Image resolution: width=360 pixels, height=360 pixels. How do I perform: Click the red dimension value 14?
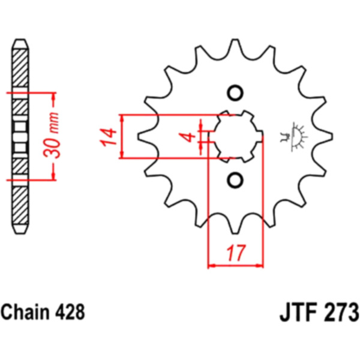click(x=107, y=137)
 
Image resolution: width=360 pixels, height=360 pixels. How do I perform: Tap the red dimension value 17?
click(x=236, y=253)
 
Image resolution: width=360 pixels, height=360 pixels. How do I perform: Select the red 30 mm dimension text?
click(x=52, y=135)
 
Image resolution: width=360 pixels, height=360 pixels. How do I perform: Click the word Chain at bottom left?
click(x=25, y=312)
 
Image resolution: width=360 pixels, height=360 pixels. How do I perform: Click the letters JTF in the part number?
click(x=298, y=313)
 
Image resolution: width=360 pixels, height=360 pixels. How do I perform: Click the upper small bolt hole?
click(x=235, y=93)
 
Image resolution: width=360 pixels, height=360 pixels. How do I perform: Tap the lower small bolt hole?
click(x=235, y=180)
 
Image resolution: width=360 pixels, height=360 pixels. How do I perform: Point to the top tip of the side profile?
click(x=20, y=40)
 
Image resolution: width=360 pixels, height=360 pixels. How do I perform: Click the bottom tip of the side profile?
click(x=20, y=233)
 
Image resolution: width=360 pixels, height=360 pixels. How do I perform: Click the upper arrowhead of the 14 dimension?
click(x=122, y=118)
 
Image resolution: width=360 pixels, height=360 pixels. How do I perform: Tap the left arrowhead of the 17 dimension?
click(x=211, y=266)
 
